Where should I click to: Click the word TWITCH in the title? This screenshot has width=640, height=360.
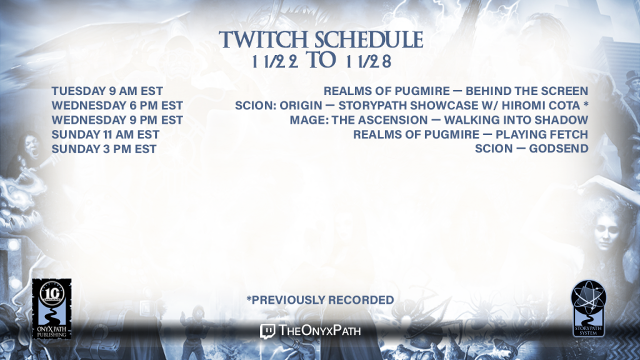point(263,39)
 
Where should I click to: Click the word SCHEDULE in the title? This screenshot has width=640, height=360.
point(369,39)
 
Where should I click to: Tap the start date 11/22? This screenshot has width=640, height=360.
point(275,61)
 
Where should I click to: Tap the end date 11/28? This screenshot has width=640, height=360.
point(369,61)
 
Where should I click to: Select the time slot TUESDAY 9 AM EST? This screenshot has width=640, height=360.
point(107,91)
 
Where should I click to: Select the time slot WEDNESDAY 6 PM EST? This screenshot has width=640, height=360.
point(117,106)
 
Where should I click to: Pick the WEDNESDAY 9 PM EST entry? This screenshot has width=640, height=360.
point(117,120)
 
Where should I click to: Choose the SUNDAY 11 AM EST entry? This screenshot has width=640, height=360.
point(105,134)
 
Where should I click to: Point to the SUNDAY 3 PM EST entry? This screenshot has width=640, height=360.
point(104,149)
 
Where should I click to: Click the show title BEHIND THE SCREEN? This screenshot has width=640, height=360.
point(527,91)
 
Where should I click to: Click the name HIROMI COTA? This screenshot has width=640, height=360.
point(541,106)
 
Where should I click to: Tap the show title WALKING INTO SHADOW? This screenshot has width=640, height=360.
point(516,120)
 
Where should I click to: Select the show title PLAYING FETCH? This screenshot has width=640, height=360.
point(542,134)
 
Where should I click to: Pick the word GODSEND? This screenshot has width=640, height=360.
point(559,149)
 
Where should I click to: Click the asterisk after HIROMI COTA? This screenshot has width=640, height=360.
point(586,104)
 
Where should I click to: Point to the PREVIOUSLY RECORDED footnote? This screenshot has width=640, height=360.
point(321,300)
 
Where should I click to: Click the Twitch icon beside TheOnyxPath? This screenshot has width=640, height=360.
point(267,331)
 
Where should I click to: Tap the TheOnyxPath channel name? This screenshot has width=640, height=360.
point(319,331)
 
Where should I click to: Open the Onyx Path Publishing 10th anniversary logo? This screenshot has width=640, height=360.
point(52,309)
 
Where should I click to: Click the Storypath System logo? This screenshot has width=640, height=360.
point(588,308)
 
